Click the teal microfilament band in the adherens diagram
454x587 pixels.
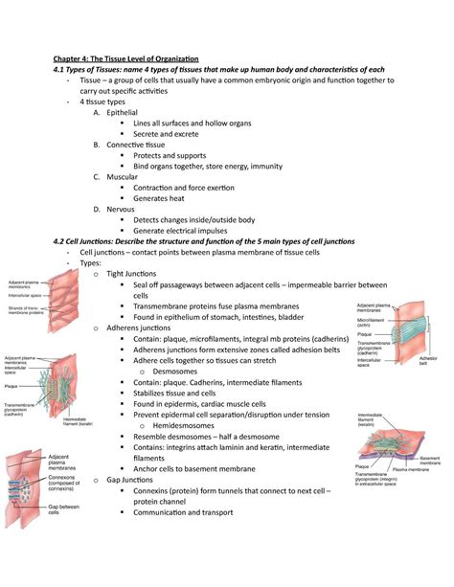tap(402, 335)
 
